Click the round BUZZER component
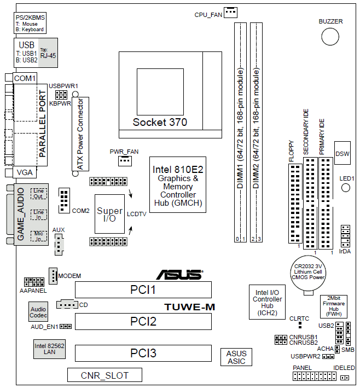(x=330, y=37)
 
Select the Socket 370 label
(x=159, y=121)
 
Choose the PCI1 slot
(x=143, y=289)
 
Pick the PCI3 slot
(x=143, y=354)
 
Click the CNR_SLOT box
(x=104, y=375)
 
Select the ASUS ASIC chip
(x=236, y=357)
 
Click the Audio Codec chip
(x=38, y=313)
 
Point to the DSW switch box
(x=342, y=153)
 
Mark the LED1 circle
(x=346, y=188)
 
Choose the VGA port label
(x=25, y=172)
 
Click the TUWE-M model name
(x=190, y=306)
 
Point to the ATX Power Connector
(x=79, y=134)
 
